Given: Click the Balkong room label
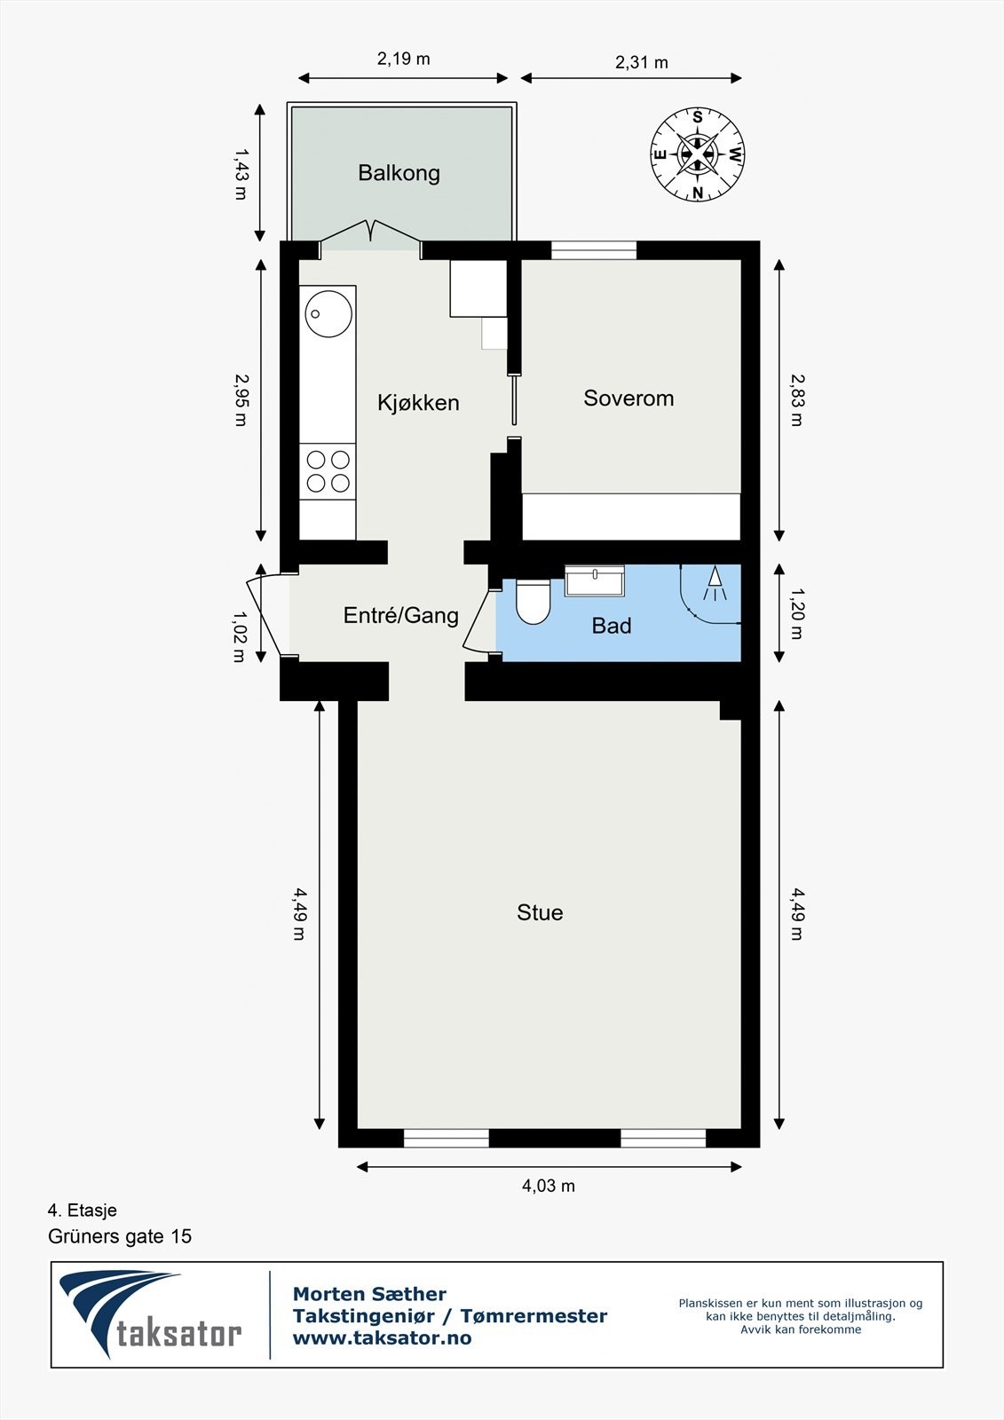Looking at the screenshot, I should click(399, 172).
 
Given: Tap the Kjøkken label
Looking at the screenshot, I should click(418, 403).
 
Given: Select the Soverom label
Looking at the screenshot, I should click(628, 398).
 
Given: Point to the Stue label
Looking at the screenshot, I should click(540, 912).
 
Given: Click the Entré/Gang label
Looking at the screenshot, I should click(401, 615).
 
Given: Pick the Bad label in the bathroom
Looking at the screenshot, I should click(612, 626).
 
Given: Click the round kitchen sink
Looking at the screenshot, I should click(328, 313).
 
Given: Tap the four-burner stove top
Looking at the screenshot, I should click(328, 471).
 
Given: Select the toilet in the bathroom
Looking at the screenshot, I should click(534, 601).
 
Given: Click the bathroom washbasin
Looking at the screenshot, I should click(595, 581).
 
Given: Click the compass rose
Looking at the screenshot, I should click(698, 154).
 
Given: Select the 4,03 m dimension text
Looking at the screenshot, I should click(549, 1186).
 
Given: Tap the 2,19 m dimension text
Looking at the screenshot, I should click(403, 59).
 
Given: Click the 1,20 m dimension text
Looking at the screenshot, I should click(796, 613).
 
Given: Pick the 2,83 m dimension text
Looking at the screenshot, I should click(796, 399).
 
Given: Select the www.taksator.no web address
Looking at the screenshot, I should click(382, 1338).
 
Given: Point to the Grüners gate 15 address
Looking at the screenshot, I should click(120, 1236).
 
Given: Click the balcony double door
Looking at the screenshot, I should click(370, 232).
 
